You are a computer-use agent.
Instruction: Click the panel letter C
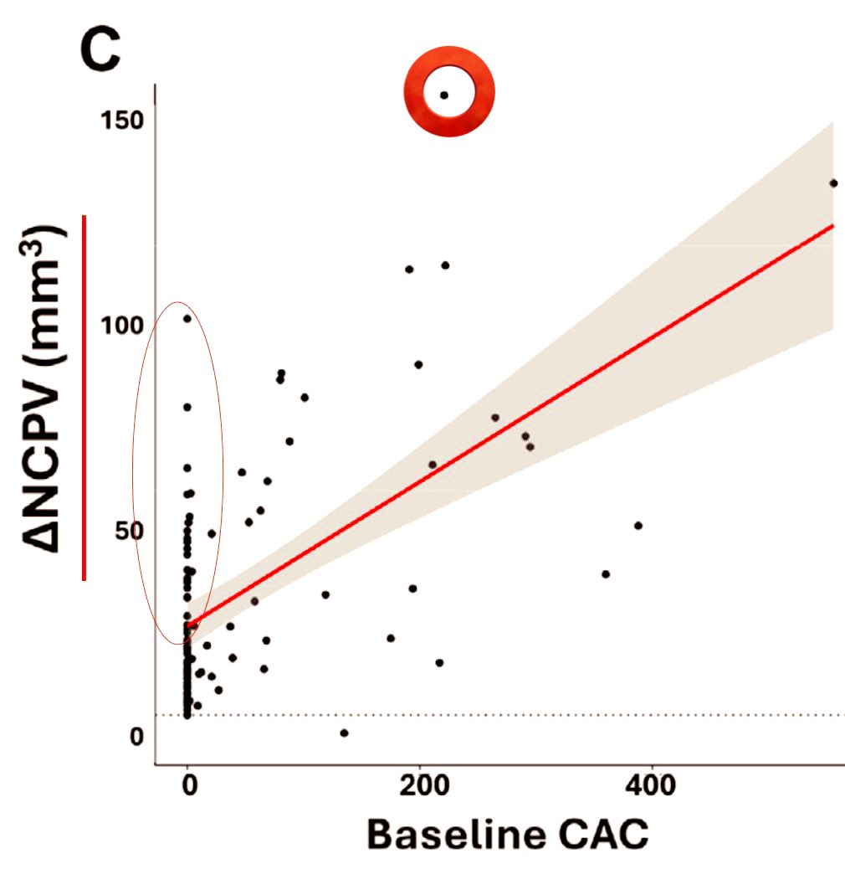[100, 49]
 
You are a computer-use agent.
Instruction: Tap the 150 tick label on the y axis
[123, 120]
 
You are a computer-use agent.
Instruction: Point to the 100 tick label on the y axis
[123, 325]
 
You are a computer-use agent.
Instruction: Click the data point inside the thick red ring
[444, 95]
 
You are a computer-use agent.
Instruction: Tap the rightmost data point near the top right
[833, 183]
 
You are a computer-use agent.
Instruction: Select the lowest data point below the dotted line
[344, 733]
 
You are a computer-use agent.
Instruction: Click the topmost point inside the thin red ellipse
[187, 318]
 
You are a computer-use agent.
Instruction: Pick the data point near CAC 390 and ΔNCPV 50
[638, 526]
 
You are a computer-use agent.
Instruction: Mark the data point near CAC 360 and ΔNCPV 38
[606, 574]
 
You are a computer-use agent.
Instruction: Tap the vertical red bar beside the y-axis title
[84, 397]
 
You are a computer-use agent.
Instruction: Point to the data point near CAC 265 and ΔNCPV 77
[494, 418]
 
